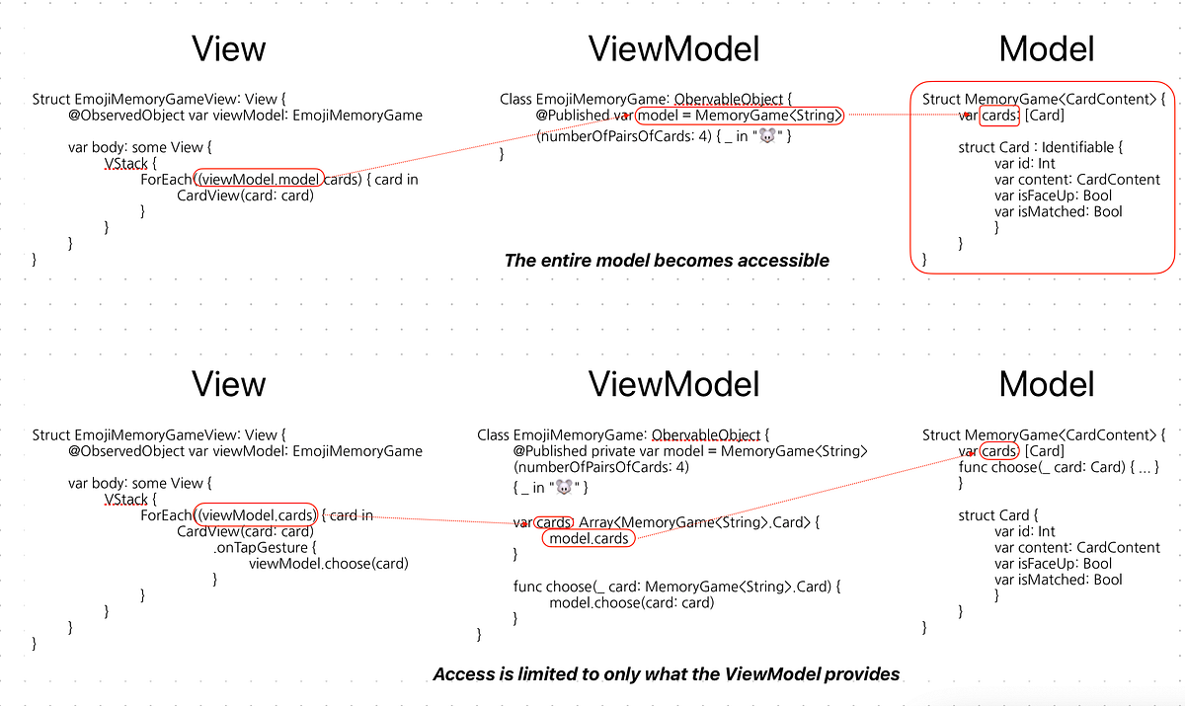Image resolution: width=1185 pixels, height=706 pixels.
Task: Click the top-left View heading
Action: [x=228, y=48]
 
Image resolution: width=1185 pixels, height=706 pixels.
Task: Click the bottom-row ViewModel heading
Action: [x=673, y=383]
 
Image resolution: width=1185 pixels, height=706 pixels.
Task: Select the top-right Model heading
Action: [x=1047, y=48]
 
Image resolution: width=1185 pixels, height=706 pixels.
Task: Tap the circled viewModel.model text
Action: [x=260, y=179]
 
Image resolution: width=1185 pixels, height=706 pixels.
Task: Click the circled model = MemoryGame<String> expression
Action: [x=740, y=116]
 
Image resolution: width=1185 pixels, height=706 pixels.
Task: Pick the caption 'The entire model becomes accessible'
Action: [x=667, y=261]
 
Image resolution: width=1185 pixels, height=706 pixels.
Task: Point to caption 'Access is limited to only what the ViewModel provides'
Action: [x=667, y=674]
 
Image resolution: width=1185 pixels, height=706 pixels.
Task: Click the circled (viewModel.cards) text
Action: [x=257, y=515]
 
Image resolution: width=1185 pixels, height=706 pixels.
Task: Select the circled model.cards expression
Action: [x=589, y=538]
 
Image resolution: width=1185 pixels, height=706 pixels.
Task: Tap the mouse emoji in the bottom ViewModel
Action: [x=564, y=487]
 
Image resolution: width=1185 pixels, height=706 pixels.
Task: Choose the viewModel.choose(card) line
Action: [x=328, y=563]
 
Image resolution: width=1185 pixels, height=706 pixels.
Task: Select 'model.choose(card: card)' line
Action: [x=631, y=602]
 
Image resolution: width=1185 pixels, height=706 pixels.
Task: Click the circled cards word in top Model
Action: [x=999, y=116]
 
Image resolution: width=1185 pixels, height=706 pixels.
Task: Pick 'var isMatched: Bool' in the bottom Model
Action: [x=1058, y=580]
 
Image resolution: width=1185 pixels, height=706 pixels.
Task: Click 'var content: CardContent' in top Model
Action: [x=1077, y=179]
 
